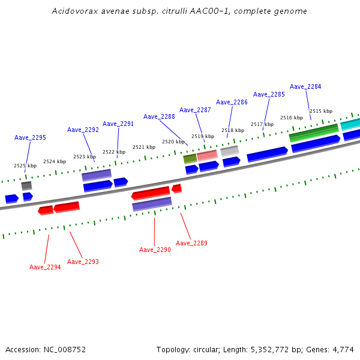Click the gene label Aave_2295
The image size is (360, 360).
30,138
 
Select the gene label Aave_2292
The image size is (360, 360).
83,130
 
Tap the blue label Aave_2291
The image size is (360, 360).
118,124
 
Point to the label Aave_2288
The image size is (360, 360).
159,116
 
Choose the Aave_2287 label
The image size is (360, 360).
195,110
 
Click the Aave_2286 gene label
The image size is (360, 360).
232,102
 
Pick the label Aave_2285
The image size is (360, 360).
269,94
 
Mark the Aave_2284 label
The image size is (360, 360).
305,86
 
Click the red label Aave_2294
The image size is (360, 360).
45,267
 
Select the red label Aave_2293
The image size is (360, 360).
83,262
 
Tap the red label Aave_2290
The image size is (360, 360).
155,250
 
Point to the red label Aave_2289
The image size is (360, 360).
191,243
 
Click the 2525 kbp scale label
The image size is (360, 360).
25,166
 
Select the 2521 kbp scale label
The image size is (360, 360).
144,147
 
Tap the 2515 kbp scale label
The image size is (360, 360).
321,111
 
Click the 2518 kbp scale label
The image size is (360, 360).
233,130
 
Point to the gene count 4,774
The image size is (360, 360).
343,349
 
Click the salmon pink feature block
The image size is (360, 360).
207,155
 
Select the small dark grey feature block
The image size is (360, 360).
26,185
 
